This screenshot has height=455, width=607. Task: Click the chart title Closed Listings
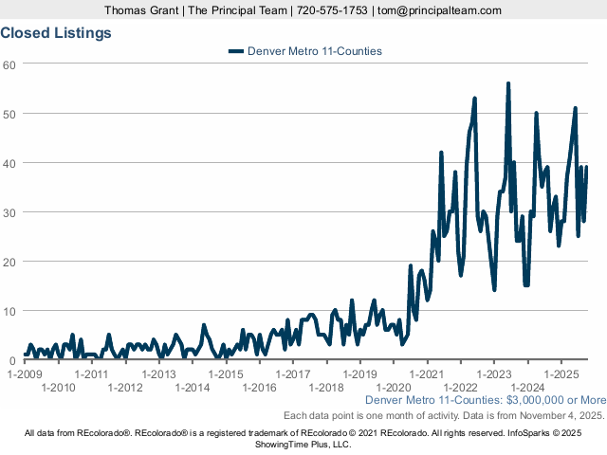point(56,32)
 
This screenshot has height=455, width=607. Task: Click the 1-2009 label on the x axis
point(25,373)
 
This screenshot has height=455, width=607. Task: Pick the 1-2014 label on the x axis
point(192,387)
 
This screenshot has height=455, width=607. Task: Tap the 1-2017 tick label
point(292,373)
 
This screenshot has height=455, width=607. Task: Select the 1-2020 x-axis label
point(393,387)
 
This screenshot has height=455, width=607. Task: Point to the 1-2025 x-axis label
point(561,373)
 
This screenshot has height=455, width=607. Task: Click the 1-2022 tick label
point(460,387)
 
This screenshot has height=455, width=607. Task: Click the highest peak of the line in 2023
point(508,83)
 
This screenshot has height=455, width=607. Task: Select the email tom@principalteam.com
point(438,10)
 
